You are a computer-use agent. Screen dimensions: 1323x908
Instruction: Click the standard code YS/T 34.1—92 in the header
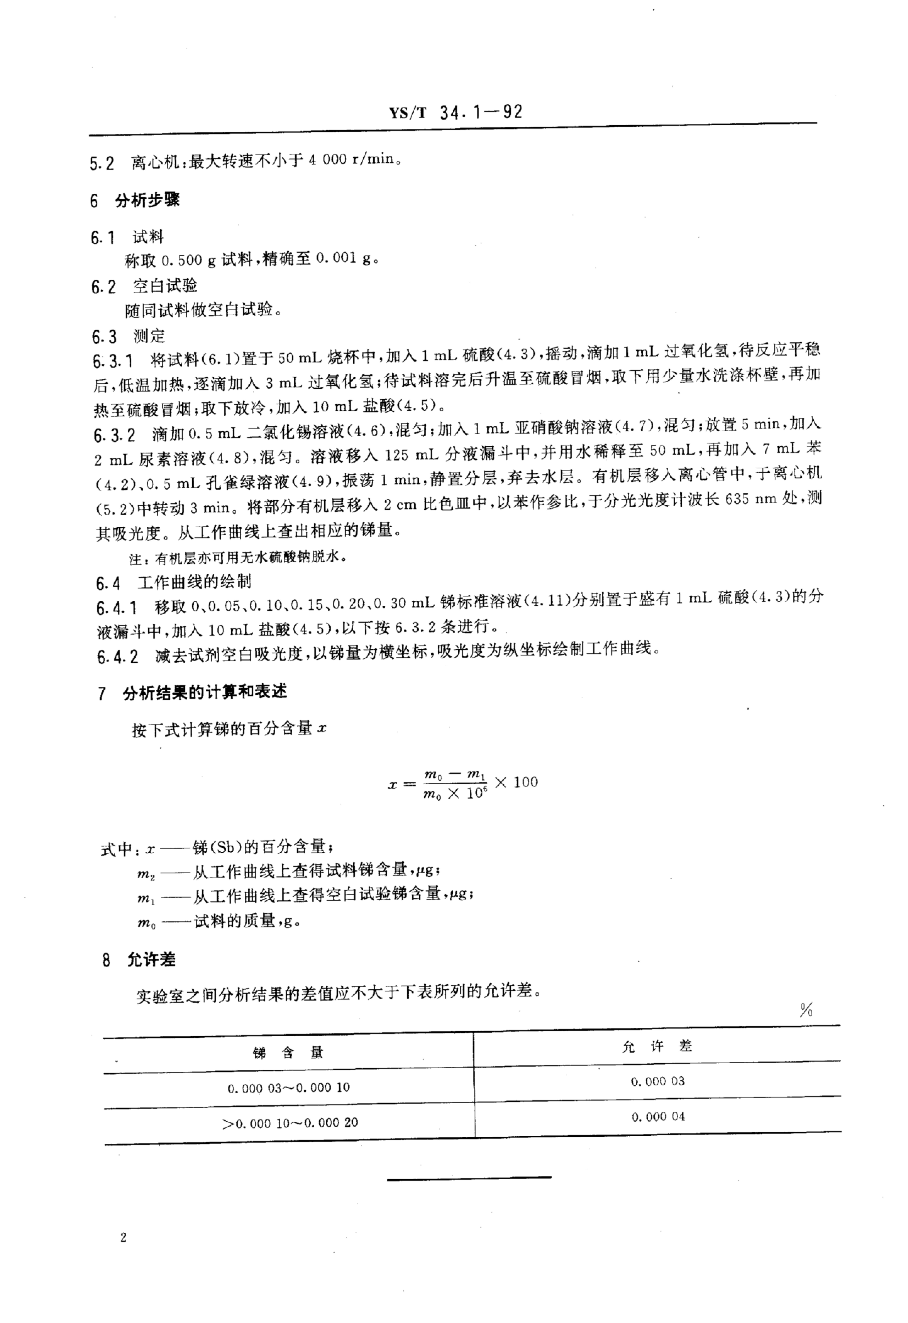tap(455, 112)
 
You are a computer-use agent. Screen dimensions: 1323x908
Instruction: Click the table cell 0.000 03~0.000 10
tap(289, 1088)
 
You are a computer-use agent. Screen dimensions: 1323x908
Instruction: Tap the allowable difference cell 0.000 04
tap(657, 1116)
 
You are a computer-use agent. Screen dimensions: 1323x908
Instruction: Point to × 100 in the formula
tap(516, 782)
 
